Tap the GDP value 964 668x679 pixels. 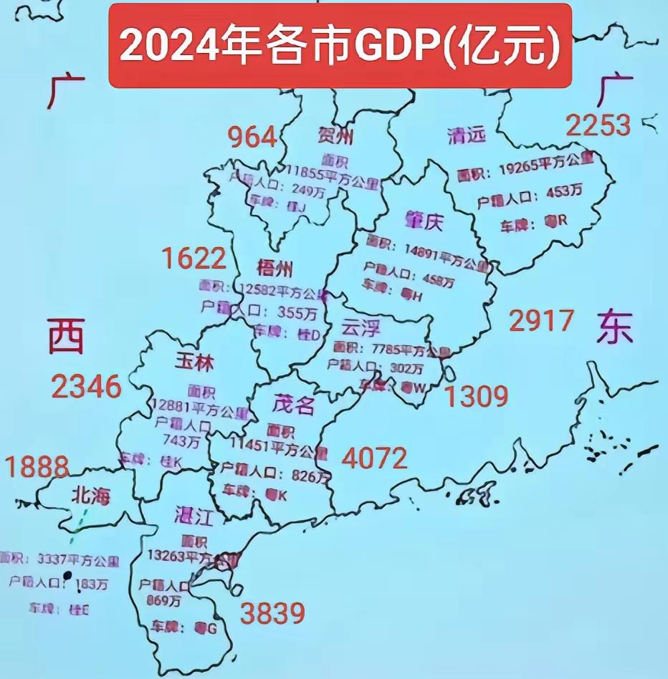[x=252, y=135]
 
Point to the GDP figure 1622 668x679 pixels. [x=194, y=257]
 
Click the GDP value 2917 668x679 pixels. [x=541, y=320]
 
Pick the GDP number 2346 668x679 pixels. [x=86, y=387]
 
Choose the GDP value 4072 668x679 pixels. [x=374, y=457]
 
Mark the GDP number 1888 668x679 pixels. [x=38, y=467]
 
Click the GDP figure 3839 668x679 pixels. [x=272, y=613]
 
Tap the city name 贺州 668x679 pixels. [x=335, y=135]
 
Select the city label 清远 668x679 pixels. [x=466, y=134]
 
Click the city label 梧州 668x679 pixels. [x=274, y=269]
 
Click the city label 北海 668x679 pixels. [x=90, y=494]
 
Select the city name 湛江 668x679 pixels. [x=195, y=514]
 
